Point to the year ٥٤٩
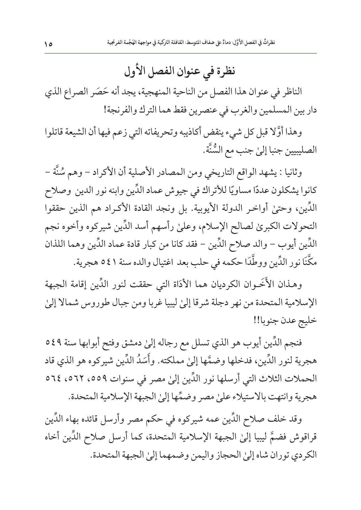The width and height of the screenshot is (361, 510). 54,342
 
